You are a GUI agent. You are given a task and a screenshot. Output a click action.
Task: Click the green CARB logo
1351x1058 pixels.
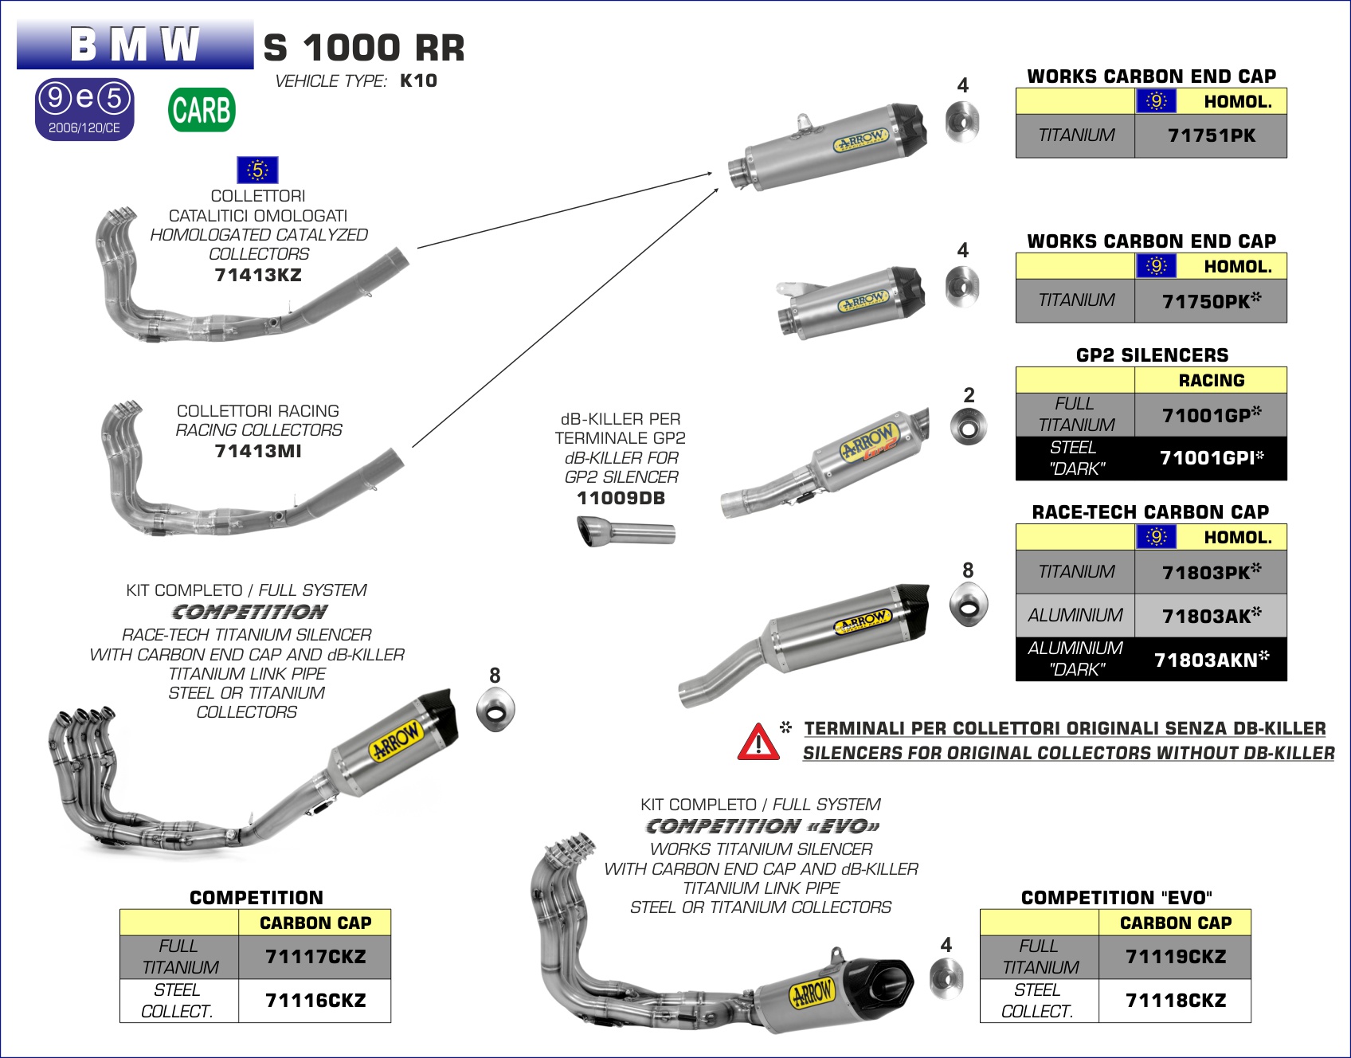pyautogui.click(x=202, y=110)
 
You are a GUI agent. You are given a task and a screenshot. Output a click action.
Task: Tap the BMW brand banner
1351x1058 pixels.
pyautogui.click(x=135, y=45)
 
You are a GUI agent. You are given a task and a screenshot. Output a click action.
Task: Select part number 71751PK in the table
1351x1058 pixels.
pyautogui.click(x=1211, y=136)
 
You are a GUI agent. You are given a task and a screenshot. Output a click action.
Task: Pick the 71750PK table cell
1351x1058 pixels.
pyautogui.click(x=1211, y=301)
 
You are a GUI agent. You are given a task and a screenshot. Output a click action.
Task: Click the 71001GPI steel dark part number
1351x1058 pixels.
pyautogui.click(x=1211, y=458)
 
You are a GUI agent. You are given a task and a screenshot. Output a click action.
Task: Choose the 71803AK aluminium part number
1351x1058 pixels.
pyautogui.click(x=1211, y=616)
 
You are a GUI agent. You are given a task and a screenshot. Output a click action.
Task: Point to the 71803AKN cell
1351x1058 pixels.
pyautogui.click(x=1211, y=660)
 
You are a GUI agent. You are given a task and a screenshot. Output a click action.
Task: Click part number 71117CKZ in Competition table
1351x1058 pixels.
pyautogui.click(x=315, y=957)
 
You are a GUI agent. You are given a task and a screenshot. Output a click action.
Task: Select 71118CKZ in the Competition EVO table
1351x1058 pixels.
pyautogui.click(x=1176, y=1001)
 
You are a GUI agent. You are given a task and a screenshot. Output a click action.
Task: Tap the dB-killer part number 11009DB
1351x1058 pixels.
pyautogui.click(x=621, y=499)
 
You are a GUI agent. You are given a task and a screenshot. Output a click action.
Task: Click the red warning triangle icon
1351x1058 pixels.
pyautogui.click(x=758, y=742)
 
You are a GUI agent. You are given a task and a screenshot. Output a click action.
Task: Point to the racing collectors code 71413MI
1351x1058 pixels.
pyautogui.click(x=258, y=452)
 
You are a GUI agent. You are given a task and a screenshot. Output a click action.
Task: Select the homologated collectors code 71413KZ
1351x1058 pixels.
pyautogui.click(x=258, y=276)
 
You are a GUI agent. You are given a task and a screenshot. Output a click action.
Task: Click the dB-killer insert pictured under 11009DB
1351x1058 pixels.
pyautogui.click(x=626, y=531)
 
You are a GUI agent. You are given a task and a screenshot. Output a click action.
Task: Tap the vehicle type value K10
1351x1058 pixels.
pyautogui.click(x=418, y=80)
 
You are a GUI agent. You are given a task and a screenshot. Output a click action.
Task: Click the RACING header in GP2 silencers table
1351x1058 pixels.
pyautogui.click(x=1211, y=381)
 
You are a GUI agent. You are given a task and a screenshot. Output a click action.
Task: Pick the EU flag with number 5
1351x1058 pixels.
pyautogui.click(x=257, y=170)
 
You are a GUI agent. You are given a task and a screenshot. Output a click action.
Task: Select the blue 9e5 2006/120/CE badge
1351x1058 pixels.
pyautogui.click(x=84, y=109)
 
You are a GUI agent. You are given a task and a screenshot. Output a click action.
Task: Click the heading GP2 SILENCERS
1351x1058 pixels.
pyautogui.click(x=1152, y=355)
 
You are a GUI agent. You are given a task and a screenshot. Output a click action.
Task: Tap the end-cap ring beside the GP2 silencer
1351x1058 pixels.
pyautogui.click(x=969, y=428)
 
